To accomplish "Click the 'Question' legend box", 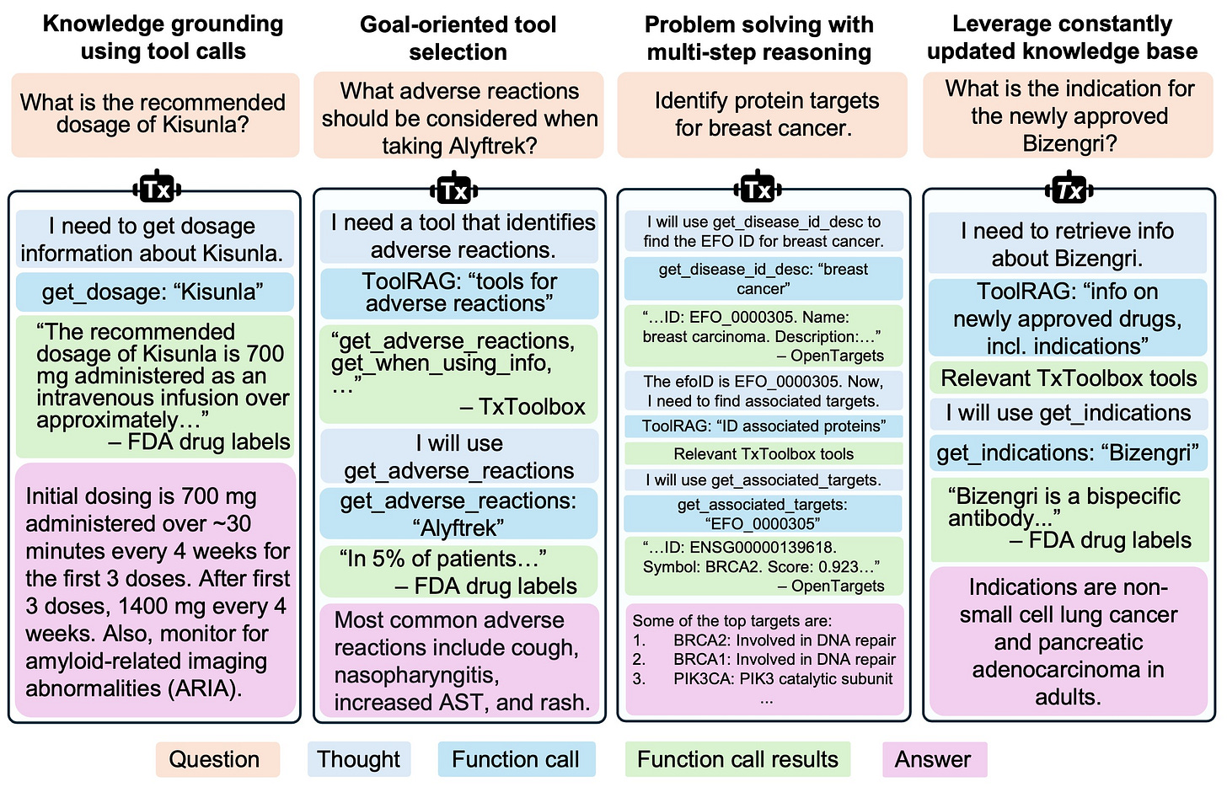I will point(217,759).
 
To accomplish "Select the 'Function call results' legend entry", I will point(737,759).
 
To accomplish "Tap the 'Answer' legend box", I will point(934,759).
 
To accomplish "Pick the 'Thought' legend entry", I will point(359,759).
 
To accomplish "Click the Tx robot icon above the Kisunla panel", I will point(157,189).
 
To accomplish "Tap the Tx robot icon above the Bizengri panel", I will point(1069,190).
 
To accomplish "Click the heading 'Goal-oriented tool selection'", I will point(458,38).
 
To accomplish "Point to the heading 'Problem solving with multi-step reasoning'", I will point(758,38).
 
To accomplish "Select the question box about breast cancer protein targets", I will point(763,115).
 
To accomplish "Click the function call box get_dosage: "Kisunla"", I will point(154,292).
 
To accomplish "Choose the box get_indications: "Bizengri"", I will point(1068,453).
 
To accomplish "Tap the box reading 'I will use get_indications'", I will point(1068,413).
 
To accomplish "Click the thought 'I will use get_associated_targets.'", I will point(763,480).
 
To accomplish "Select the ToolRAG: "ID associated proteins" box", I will point(763,426).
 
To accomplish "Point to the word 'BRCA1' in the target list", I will point(695,660).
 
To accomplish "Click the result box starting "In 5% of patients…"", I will point(459,572).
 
